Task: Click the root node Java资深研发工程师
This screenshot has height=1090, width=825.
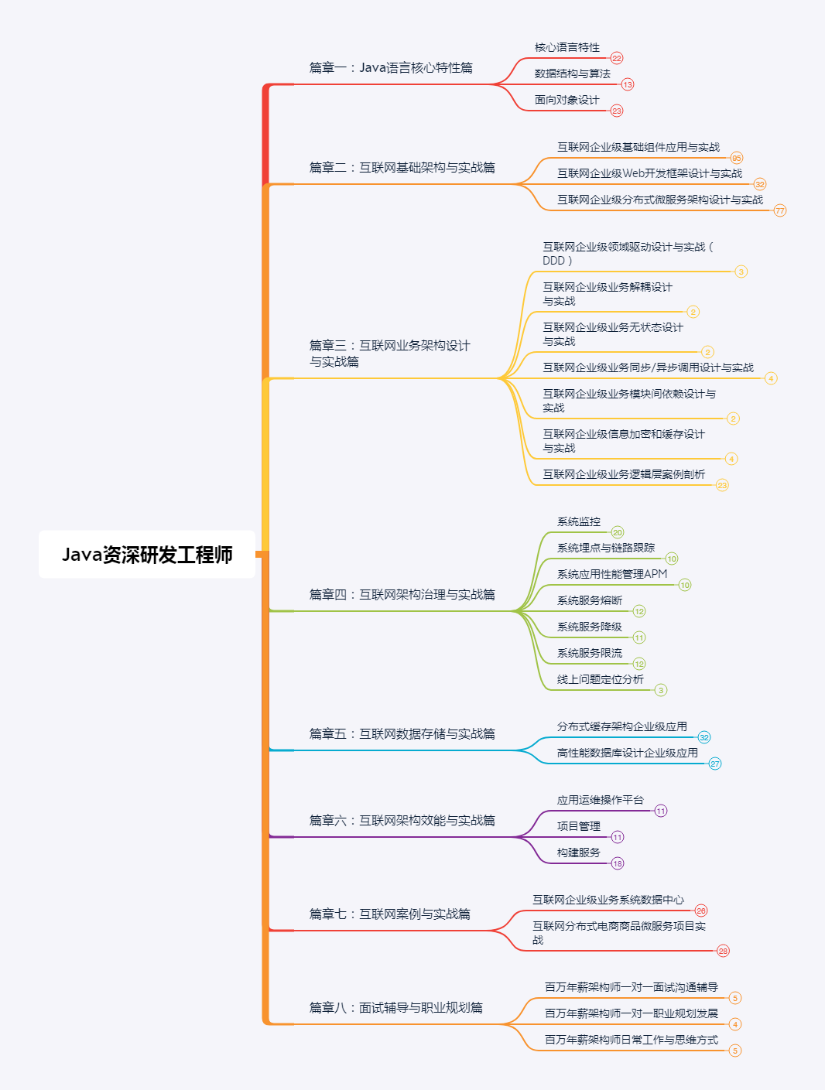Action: click(x=147, y=555)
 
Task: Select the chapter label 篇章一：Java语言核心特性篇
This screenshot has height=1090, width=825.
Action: click(x=391, y=68)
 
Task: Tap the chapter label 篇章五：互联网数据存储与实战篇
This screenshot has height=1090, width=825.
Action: click(x=402, y=734)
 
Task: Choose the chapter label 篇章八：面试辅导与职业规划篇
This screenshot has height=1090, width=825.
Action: click(x=395, y=1008)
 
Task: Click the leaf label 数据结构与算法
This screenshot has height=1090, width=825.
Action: click(x=572, y=74)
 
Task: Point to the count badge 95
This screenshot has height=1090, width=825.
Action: click(x=737, y=158)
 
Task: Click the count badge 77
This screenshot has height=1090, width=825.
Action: click(x=780, y=210)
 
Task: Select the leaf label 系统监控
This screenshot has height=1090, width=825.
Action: click(x=578, y=522)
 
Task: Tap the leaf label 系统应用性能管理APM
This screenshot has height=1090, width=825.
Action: click(x=611, y=574)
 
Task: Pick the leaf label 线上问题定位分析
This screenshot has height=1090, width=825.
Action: click(x=600, y=679)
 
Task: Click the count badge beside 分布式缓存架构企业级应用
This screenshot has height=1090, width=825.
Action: click(x=704, y=737)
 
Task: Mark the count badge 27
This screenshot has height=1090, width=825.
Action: click(x=715, y=764)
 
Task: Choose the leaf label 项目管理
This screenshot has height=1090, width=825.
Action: click(x=578, y=826)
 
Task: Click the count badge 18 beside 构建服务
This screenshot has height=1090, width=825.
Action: click(x=618, y=863)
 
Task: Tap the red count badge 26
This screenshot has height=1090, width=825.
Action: click(x=701, y=911)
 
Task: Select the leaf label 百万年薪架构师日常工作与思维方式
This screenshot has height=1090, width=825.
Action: click(x=631, y=1040)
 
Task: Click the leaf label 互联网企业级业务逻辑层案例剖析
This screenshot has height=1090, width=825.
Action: click(x=623, y=474)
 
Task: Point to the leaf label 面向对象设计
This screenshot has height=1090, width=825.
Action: click(x=567, y=101)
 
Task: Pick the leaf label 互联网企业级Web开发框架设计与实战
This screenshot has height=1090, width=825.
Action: click(x=649, y=173)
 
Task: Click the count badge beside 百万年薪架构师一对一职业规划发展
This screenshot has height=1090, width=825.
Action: click(x=735, y=1024)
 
